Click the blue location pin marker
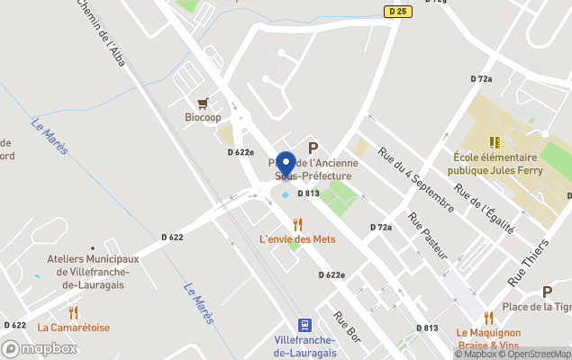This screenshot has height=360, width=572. pyautogui.click(x=286, y=164)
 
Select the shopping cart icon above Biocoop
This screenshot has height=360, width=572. pyautogui.click(x=203, y=103)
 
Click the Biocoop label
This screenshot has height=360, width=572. pyautogui.click(x=203, y=118)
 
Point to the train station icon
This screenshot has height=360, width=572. pyautogui.click(x=304, y=325)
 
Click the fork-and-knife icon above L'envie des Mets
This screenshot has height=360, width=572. pyautogui.click(x=297, y=223)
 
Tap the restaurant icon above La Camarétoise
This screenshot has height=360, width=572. pyautogui.click(x=73, y=312)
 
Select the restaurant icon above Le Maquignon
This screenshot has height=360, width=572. pyautogui.click(x=488, y=318)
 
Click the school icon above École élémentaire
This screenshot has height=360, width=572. pyautogui.click(x=494, y=142)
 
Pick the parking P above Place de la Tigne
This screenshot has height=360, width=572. pyautogui.click(x=547, y=292)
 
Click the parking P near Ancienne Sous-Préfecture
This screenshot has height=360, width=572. pyautogui.click(x=313, y=148)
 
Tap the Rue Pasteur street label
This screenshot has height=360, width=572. pyautogui.click(x=428, y=236)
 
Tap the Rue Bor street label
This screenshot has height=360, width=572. pyautogui.click(x=346, y=326)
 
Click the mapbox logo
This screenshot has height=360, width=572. pyautogui.click(x=40, y=348)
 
